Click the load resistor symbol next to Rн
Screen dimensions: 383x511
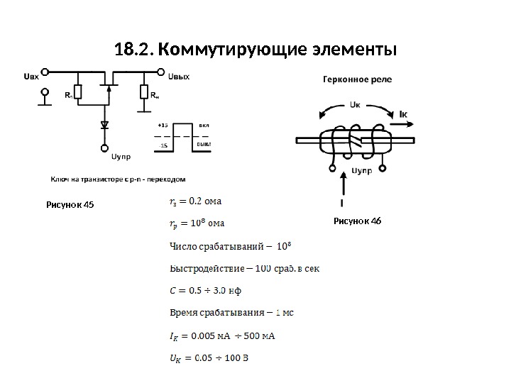click(144, 92)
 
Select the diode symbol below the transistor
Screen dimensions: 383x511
click(105, 125)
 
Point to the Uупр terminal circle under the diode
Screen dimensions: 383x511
click(105, 148)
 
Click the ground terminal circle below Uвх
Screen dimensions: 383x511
click(47, 92)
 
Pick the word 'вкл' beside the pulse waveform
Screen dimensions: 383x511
click(204, 123)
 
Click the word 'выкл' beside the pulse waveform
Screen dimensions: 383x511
click(204, 144)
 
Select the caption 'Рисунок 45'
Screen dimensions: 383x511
click(70, 206)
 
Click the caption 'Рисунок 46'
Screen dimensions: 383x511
click(358, 221)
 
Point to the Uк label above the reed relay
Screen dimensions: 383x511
click(356, 104)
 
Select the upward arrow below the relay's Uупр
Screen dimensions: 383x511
click(345, 188)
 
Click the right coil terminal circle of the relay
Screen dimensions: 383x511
click(383, 169)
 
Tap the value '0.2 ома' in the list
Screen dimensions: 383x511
click(202, 201)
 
